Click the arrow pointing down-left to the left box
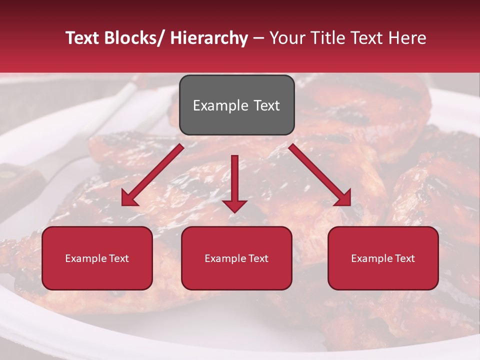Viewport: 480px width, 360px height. pyautogui.click(x=152, y=175)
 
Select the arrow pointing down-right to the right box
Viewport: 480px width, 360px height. pyautogui.click(x=320, y=175)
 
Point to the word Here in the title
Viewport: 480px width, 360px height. pyautogui.click(x=406, y=38)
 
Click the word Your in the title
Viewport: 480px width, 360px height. pyautogui.click(x=287, y=38)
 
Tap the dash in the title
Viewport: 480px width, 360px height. pyautogui.click(x=258, y=38)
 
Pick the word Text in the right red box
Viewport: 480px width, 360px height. pyautogui.click(x=404, y=258)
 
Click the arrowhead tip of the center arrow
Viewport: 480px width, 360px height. pyautogui.click(x=234, y=211)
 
